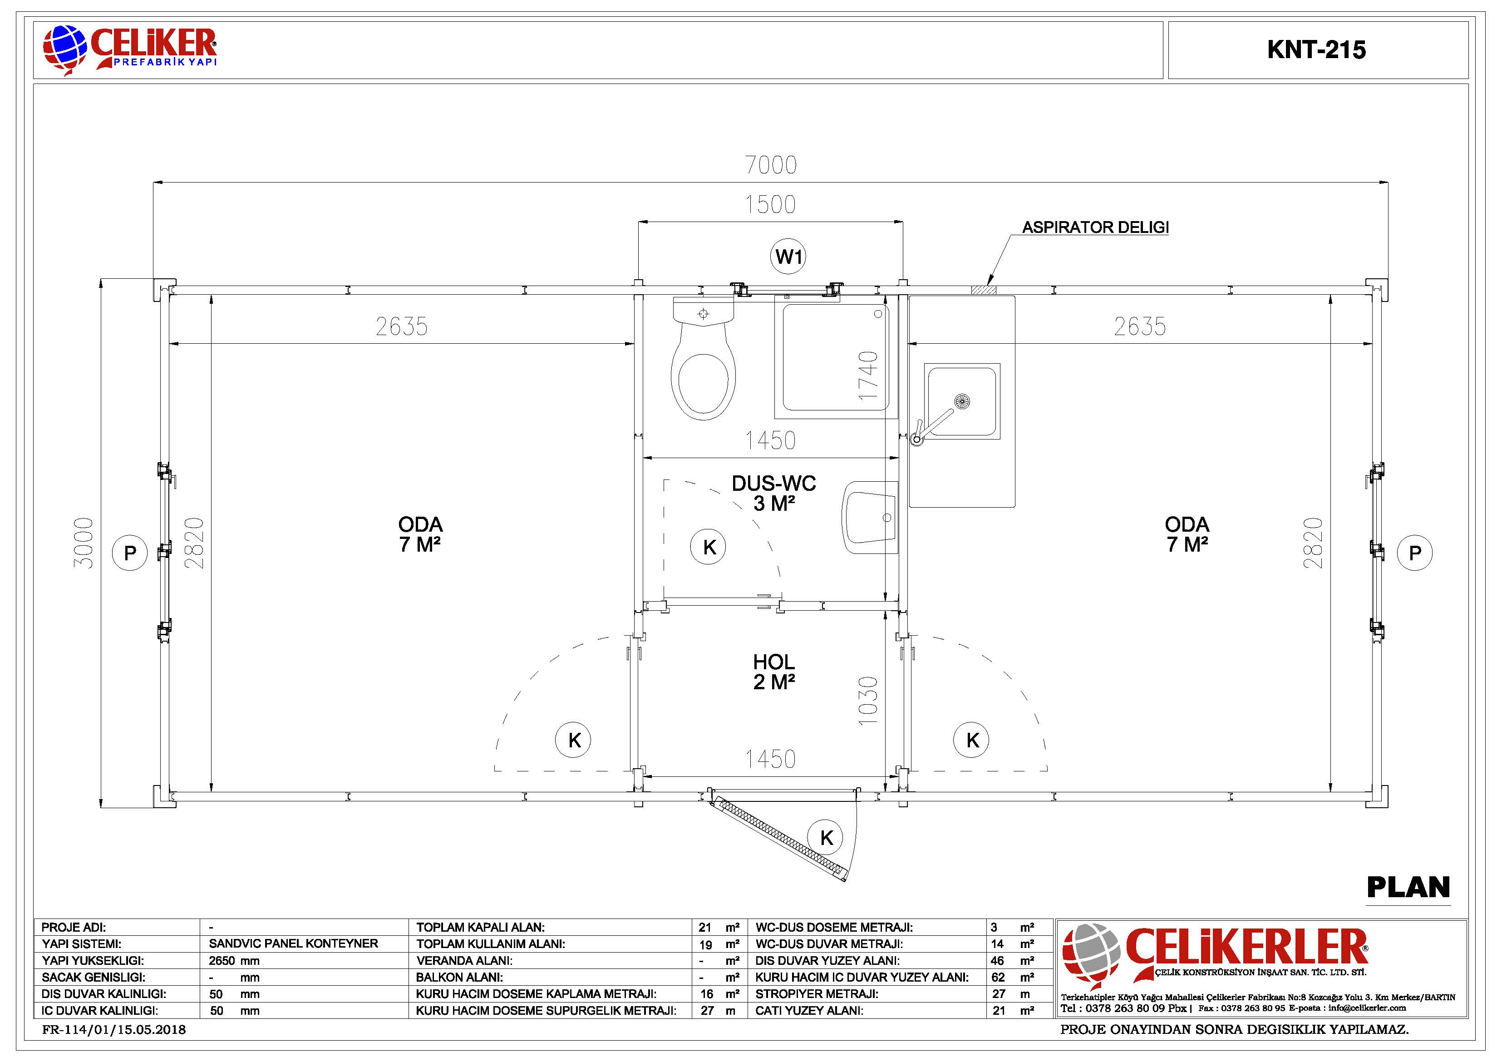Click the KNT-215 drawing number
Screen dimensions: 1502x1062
1316,50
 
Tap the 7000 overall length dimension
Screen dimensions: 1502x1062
771,165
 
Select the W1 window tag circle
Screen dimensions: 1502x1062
788,257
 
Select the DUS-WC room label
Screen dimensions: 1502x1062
774,493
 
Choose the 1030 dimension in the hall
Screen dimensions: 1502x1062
868,700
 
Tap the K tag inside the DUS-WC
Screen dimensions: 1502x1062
709,547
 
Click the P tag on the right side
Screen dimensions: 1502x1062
1414,553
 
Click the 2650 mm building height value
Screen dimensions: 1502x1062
234,961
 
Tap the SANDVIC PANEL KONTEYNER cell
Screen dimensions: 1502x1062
293,943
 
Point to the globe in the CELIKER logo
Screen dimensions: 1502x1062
65,49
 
